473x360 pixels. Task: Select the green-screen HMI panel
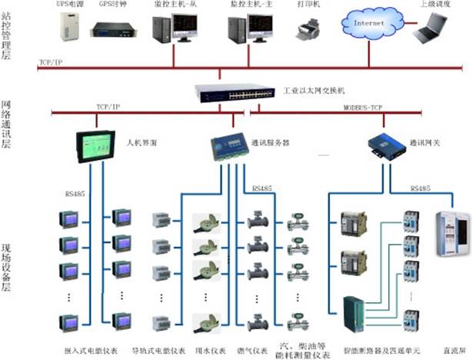95,145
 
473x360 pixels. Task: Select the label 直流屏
453,350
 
